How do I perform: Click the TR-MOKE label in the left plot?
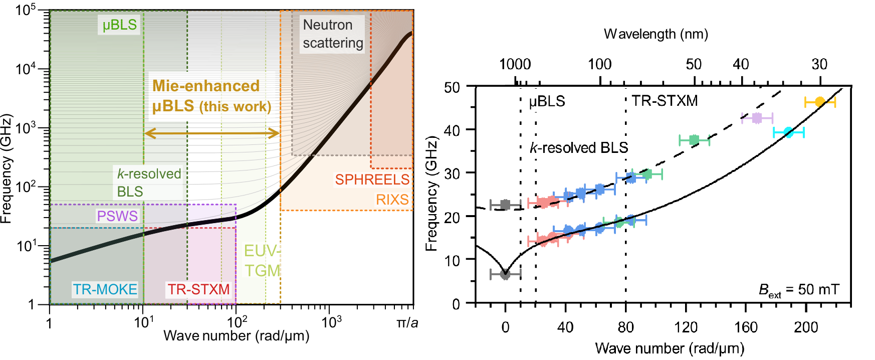(x=105, y=289)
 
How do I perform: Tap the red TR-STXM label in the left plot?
(x=198, y=289)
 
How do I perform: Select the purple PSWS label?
(x=117, y=216)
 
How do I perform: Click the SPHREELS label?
(x=372, y=179)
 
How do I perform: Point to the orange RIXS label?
(x=392, y=200)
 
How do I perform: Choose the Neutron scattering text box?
(x=332, y=34)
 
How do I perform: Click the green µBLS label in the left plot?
(x=119, y=25)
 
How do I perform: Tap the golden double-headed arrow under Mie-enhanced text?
(x=211, y=133)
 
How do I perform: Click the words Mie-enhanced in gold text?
(x=206, y=86)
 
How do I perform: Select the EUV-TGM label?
(x=262, y=260)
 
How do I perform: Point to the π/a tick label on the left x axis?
(x=407, y=322)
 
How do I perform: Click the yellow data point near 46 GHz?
(x=820, y=102)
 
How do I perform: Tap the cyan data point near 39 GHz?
(x=788, y=132)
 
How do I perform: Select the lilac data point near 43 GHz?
(x=757, y=118)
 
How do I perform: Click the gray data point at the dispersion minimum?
(x=505, y=274)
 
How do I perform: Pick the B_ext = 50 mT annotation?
(x=798, y=290)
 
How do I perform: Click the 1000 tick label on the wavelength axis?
(x=515, y=64)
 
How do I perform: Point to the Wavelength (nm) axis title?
(x=655, y=34)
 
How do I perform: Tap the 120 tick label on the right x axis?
(x=686, y=327)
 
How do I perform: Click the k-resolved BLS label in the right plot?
(x=579, y=148)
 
